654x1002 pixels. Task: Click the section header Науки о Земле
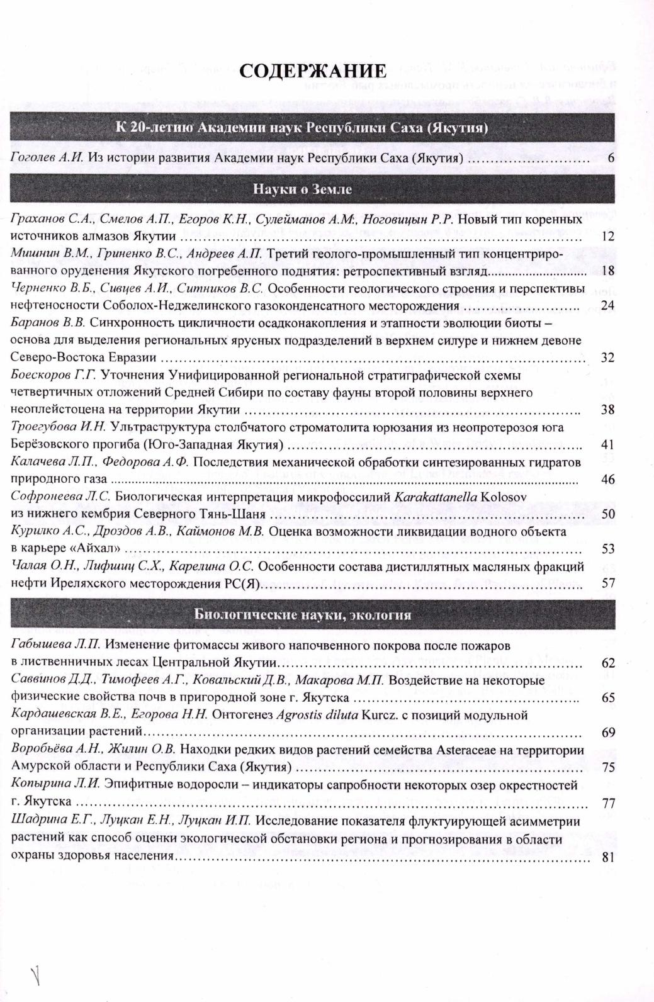[302, 189]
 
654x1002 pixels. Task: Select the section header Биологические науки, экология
[302, 615]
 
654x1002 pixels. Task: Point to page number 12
[607, 237]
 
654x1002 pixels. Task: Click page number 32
[607, 357]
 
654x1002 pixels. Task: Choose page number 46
[607, 480]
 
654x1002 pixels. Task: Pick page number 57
[607, 583]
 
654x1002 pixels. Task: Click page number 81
[607, 856]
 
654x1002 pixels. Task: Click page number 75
[607, 767]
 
